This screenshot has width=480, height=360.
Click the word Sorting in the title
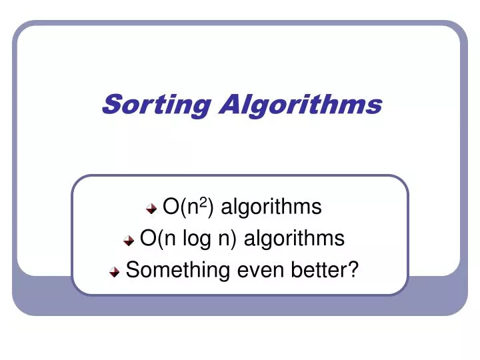click(157, 105)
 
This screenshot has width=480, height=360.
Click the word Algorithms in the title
click(300, 105)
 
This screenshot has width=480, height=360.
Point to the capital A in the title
click(231, 104)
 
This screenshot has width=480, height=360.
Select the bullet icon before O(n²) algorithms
click(152, 209)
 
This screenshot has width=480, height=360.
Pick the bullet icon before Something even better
click(115, 272)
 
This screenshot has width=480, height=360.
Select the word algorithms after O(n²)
click(271, 207)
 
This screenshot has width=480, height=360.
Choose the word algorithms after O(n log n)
click(294, 239)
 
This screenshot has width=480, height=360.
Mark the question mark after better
click(353, 270)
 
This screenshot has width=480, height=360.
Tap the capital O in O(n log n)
click(148, 239)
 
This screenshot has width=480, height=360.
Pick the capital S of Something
click(132, 270)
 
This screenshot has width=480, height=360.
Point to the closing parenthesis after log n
click(235, 239)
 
